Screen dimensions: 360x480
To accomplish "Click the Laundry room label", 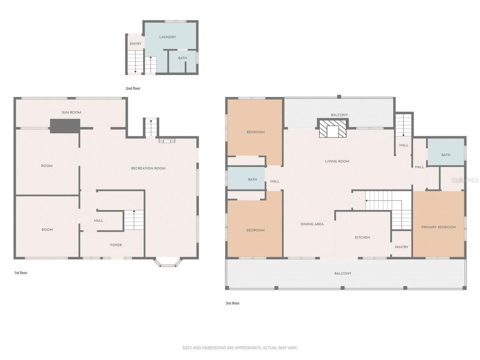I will pyautogui.click(x=168, y=37).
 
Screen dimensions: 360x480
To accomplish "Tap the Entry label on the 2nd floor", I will pyautogui.click(x=136, y=44).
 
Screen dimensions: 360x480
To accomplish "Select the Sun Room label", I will pyautogui.click(x=71, y=112).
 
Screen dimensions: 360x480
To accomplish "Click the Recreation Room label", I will pyautogui.click(x=148, y=168).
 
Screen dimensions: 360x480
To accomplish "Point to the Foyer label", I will pyautogui.click(x=116, y=245).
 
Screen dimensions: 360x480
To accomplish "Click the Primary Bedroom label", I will pyautogui.click(x=438, y=227).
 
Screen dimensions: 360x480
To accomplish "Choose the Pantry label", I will pyautogui.click(x=401, y=247).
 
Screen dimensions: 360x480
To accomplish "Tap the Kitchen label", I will pyautogui.click(x=362, y=237).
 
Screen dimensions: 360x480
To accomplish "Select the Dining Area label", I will pyautogui.click(x=312, y=224).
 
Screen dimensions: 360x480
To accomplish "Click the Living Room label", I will pyautogui.click(x=337, y=162).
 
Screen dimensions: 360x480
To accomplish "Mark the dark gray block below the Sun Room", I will pyautogui.click(x=65, y=126).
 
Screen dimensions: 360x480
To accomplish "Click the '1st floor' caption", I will pyautogui.click(x=21, y=273).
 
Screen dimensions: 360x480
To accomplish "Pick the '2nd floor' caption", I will pyautogui.click(x=133, y=88).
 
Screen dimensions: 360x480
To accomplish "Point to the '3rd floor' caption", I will pyautogui.click(x=232, y=303).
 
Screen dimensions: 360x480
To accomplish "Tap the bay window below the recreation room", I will pyautogui.click(x=168, y=262).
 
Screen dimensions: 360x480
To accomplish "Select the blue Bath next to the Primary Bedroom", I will pyautogui.click(x=446, y=155).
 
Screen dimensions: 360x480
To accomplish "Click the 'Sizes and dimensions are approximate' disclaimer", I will pyautogui.click(x=240, y=348).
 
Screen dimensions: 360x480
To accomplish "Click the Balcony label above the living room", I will pyautogui.click(x=339, y=115).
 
